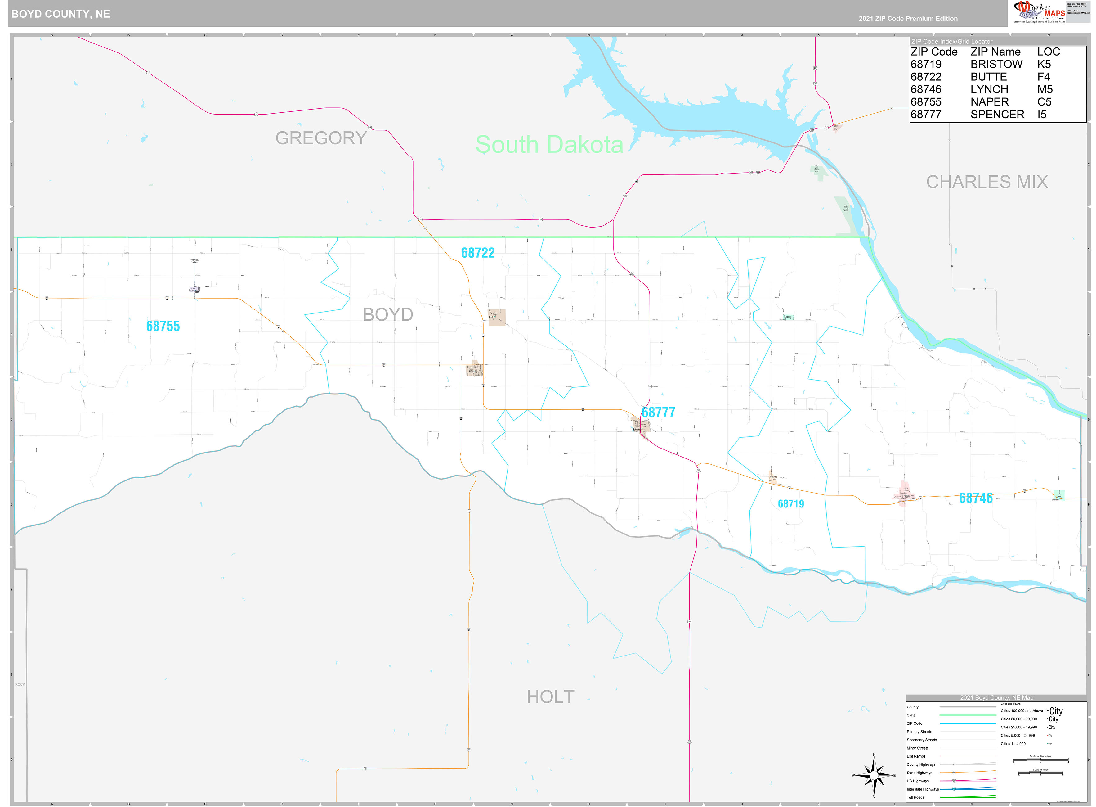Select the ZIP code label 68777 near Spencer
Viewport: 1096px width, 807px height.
pos(658,412)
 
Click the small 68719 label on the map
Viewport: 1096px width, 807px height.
pos(790,504)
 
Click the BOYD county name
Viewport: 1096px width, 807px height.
pos(388,315)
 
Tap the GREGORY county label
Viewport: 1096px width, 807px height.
pos(321,138)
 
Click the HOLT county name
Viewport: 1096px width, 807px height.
pos(550,697)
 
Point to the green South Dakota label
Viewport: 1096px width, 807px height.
pos(549,145)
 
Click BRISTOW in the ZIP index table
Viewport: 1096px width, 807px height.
pos(996,65)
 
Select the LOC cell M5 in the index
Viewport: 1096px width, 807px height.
pos(1045,89)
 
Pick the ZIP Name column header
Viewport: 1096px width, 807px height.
pos(995,52)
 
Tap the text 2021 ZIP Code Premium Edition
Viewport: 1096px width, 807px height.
pos(908,19)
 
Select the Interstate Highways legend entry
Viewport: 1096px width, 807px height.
pos(922,789)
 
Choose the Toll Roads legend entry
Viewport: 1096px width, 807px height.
pos(915,797)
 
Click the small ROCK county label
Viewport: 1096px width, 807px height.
pos(20,684)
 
